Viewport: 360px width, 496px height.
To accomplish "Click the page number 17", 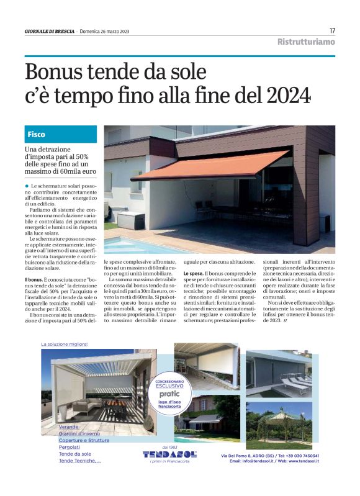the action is pos(332,30).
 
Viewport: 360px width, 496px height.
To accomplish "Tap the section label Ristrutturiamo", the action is pos(306,42).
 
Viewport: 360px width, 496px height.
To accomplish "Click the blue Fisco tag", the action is pos(37,134).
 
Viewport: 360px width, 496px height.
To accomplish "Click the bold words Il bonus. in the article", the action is pos(33,281).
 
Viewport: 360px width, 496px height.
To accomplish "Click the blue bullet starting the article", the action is pos(27,186).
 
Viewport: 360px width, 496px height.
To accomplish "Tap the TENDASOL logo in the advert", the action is pos(169,454).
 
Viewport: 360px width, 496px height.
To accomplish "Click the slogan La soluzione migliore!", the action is pos(65,344).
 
